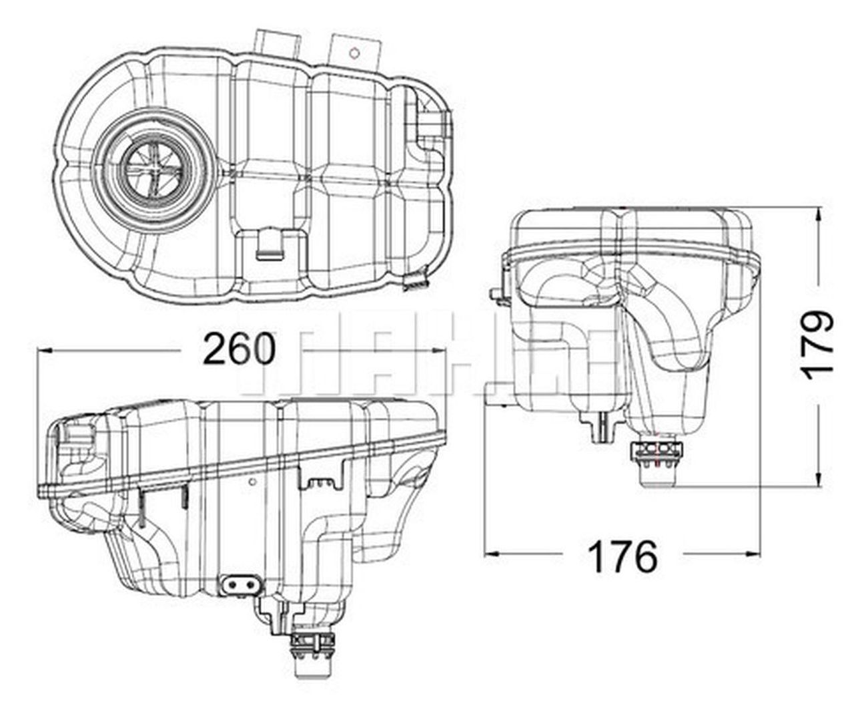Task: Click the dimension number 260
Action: point(238,349)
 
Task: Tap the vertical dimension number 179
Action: point(818,345)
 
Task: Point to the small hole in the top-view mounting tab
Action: point(356,51)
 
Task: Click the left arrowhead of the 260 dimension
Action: point(44,349)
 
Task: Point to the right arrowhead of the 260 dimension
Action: point(440,349)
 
